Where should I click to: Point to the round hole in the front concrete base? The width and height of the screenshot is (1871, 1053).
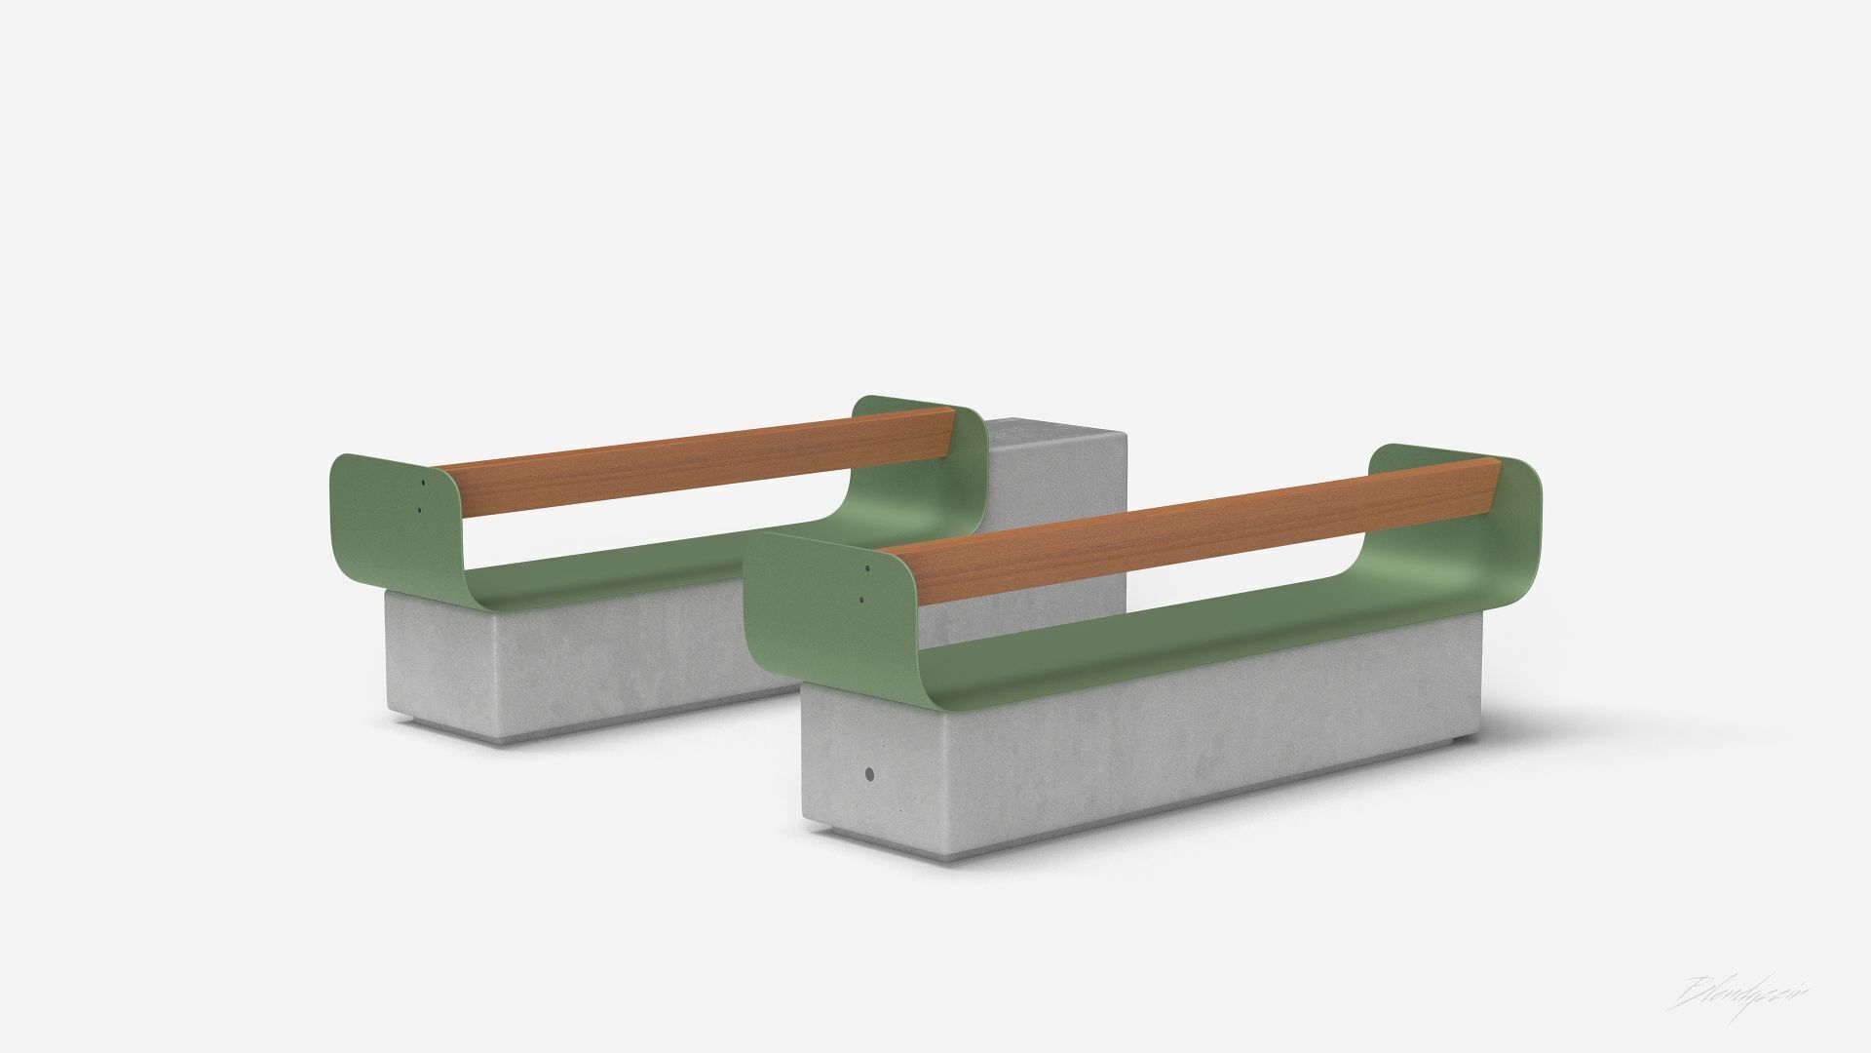pyautogui.click(x=869, y=775)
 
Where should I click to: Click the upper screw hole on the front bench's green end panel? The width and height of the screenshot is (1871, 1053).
pyautogui.click(x=866, y=567)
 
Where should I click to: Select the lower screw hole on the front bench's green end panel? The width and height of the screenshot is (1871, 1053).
pyautogui.click(x=861, y=600)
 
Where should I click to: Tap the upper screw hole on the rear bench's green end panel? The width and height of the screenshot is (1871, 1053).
pyautogui.click(x=424, y=482)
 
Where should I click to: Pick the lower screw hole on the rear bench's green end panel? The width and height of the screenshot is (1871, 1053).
pyautogui.click(x=419, y=508)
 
